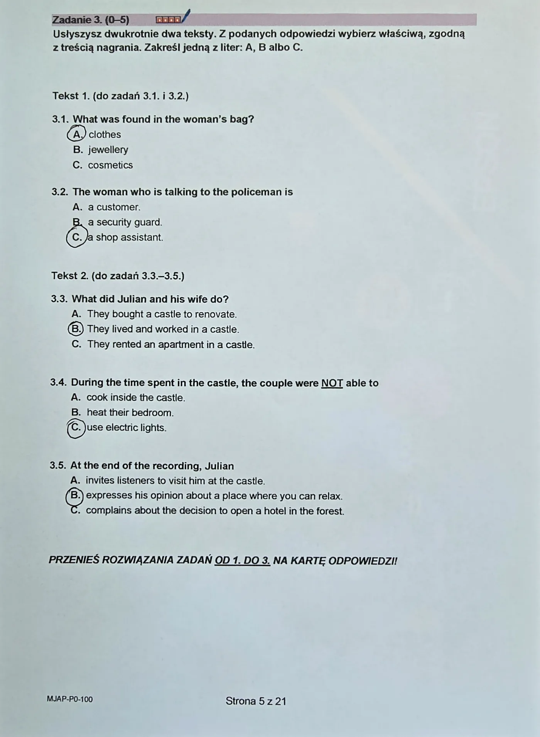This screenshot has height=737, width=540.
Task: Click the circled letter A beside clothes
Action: coord(77,134)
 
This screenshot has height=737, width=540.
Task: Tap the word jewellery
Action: coord(108,150)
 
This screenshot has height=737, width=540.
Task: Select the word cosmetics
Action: coord(110,165)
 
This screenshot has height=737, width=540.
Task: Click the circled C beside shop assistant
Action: coord(77,237)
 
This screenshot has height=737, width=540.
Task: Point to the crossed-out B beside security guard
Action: coord(77,222)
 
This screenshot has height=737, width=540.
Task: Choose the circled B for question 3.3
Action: coord(76,329)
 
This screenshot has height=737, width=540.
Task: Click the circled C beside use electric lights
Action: coord(76,428)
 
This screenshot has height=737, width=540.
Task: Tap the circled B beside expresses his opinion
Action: coord(75,495)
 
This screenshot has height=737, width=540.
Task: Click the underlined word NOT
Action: coord(332,383)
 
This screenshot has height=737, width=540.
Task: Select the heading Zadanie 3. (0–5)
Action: coord(91,20)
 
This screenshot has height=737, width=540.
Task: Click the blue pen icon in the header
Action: coord(186,16)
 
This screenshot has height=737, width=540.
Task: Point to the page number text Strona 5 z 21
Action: coord(256,701)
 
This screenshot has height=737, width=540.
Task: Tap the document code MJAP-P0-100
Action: coord(70,699)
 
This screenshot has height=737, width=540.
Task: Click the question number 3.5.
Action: coord(58,466)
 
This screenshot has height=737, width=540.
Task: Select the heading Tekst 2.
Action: coord(70,276)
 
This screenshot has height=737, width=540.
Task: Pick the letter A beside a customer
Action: coord(77,207)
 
